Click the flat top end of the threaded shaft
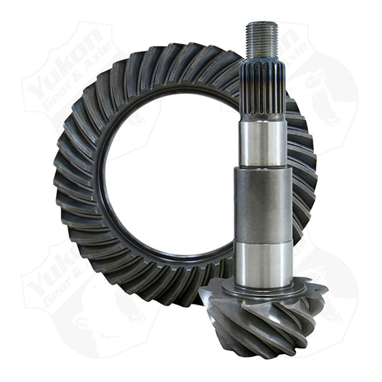(x=262, y=24)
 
